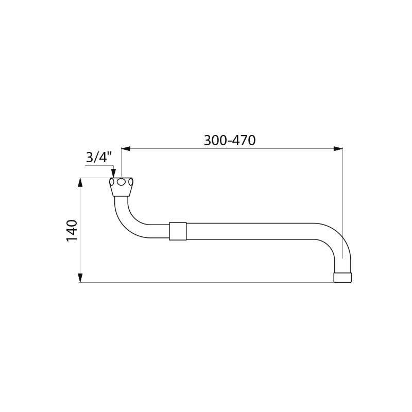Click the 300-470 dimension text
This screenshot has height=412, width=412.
click(x=230, y=140)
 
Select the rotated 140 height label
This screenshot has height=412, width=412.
click(x=72, y=230)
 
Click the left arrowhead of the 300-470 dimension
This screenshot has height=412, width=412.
click(x=126, y=149)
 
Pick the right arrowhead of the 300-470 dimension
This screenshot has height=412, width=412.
click(x=338, y=149)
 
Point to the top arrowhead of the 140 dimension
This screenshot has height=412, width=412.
click(x=80, y=182)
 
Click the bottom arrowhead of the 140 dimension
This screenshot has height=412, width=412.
click(x=80, y=278)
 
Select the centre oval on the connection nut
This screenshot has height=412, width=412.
click(x=121, y=182)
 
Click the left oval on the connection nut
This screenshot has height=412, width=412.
click(x=112, y=182)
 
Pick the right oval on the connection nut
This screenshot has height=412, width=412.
click(x=131, y=182)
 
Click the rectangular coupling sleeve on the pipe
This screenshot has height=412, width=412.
click(x=178, y=231)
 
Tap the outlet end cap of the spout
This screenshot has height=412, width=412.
click(x=342, y=278)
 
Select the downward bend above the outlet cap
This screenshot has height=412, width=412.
click(x=337, y=242)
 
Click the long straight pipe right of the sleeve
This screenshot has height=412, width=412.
click(x=247, y=231)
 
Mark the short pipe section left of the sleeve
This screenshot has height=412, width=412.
click(x=159, y=231)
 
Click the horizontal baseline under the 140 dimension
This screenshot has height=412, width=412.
click(x=206, y=282)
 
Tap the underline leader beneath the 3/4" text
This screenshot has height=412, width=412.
click(x=99, y=165)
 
